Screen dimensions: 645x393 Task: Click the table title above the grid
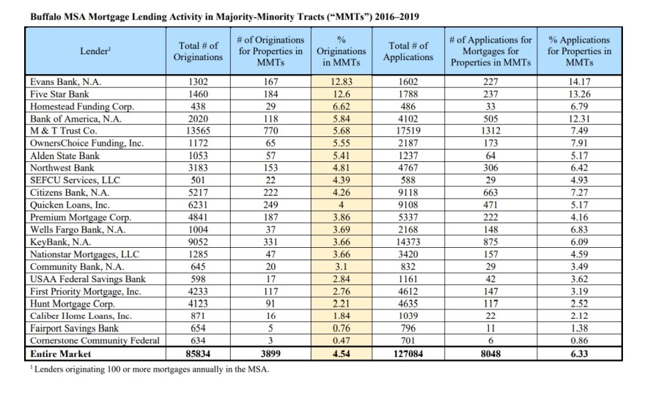224,17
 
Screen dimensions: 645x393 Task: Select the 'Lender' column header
95,51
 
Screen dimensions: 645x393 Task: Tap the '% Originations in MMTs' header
342,51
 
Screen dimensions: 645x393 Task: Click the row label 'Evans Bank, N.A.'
66,82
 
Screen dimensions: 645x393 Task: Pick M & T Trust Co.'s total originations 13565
199,131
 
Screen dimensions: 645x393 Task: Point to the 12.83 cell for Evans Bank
342,82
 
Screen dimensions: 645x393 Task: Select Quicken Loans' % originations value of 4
342,205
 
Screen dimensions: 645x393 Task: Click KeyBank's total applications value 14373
408,242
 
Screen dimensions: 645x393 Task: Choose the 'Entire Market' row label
60,354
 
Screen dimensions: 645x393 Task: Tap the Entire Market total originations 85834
199,354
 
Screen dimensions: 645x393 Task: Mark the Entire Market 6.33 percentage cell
579,354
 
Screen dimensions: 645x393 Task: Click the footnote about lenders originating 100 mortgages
150,369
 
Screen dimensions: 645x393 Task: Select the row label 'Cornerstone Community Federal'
95,341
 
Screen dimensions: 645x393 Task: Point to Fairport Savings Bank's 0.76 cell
342,328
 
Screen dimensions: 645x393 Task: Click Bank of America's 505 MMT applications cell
490,119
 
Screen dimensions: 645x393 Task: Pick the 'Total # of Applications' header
408,51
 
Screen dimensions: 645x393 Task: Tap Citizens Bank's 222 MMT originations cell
270,193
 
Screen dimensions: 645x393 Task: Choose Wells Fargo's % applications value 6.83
579,229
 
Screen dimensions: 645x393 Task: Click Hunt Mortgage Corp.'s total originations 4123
199,304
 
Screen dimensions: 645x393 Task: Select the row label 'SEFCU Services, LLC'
75,180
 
